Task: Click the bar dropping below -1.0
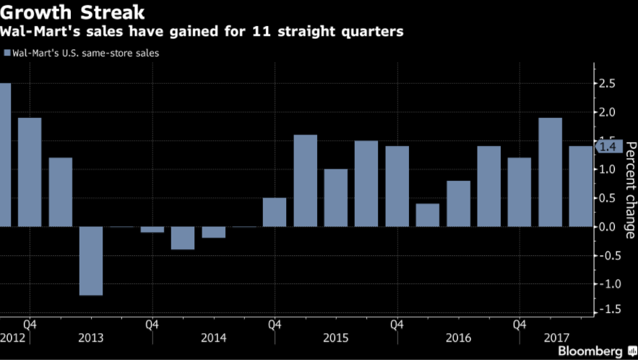click(90, 261)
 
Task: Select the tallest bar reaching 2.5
click(5, 155)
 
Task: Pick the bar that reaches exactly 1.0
click(335, 197)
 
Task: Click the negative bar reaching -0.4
click(183, 238)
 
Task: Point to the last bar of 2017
click(580, 187)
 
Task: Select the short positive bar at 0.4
click(427, 215)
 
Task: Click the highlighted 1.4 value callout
click(609, 147)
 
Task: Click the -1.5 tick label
click(610, 309)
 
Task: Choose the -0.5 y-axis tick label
click(610, 255)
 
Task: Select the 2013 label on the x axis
click(91, 338)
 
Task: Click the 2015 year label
click(335, 338)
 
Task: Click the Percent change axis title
click(630, 189)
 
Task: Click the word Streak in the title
click(110, 13)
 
